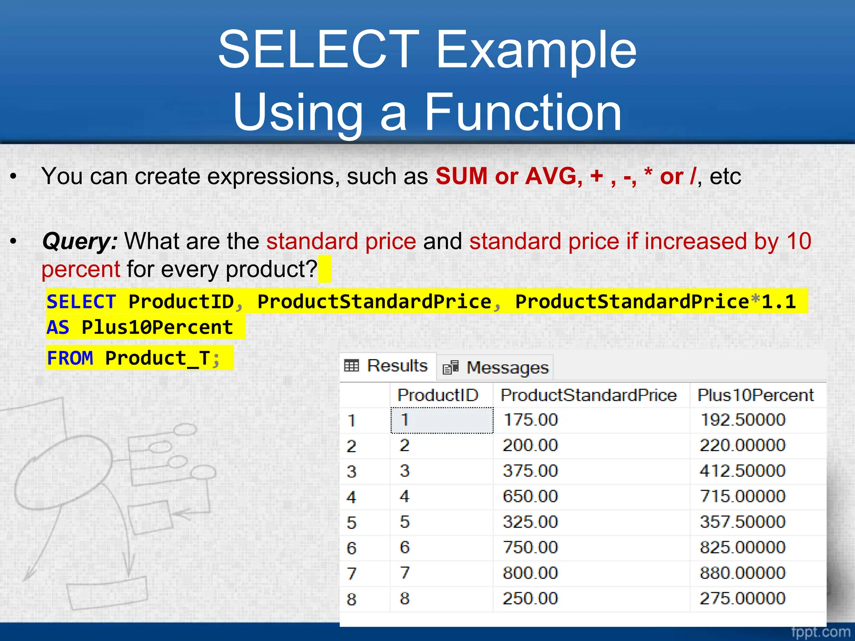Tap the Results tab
387,366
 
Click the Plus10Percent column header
756,395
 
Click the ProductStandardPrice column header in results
589,395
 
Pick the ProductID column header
438,395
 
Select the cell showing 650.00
530,496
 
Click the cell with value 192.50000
742,420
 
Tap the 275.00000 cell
742,598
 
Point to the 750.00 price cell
530,547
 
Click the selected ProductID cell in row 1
442,420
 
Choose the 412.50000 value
742,471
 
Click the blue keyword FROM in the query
70,358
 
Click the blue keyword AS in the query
58,327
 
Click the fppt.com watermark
820,632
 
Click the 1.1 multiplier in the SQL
779,302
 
